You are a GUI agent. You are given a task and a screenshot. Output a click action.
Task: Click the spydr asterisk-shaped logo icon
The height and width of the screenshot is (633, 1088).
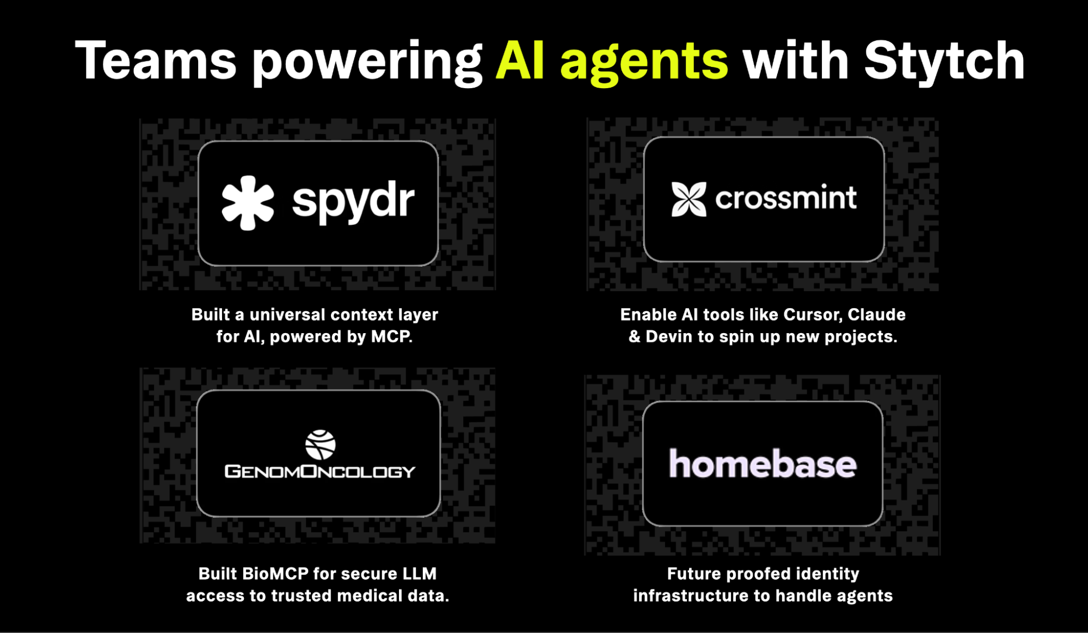(x=248, y=202)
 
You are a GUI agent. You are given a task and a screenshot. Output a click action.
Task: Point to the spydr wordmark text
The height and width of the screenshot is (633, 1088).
(x=353, y=202)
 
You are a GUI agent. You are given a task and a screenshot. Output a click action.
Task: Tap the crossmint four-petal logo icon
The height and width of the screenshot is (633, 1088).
(x=689, y=199)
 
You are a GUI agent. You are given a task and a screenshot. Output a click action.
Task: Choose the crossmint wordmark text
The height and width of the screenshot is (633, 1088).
(x=785, y=198)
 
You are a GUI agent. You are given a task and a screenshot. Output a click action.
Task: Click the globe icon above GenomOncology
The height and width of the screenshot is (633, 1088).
(x=320, y=445)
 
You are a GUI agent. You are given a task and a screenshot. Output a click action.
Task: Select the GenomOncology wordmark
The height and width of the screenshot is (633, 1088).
(x=320, y=471)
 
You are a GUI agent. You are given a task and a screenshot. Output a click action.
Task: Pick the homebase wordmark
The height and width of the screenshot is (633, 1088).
(x=763, y=464)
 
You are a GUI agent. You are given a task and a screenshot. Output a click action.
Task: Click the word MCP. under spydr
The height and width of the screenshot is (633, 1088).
(x=392, y=336)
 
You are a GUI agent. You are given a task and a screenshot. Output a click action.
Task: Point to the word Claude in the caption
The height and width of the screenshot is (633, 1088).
(x=876, y=315)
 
